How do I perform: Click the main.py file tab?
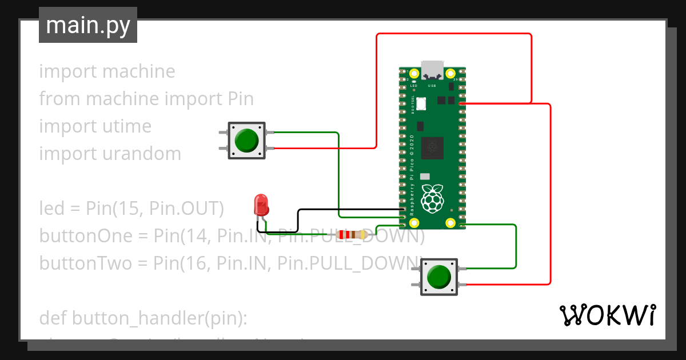click(x=88, y=25)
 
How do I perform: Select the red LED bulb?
click(x=261, y=205)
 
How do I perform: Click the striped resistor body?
click(x=352, y=234)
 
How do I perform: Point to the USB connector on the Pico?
click(x=432, y=70)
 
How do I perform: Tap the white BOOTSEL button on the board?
click(x=422, y=104)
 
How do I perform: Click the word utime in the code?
click(x=126, y=126)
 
